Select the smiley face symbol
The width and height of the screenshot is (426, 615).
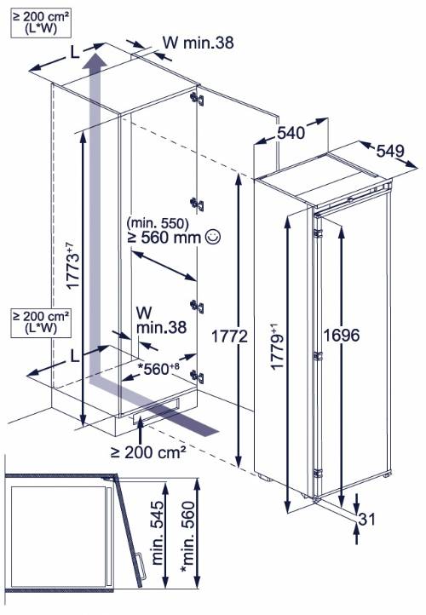point(213,239)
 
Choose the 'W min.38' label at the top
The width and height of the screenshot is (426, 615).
point(196,41)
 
